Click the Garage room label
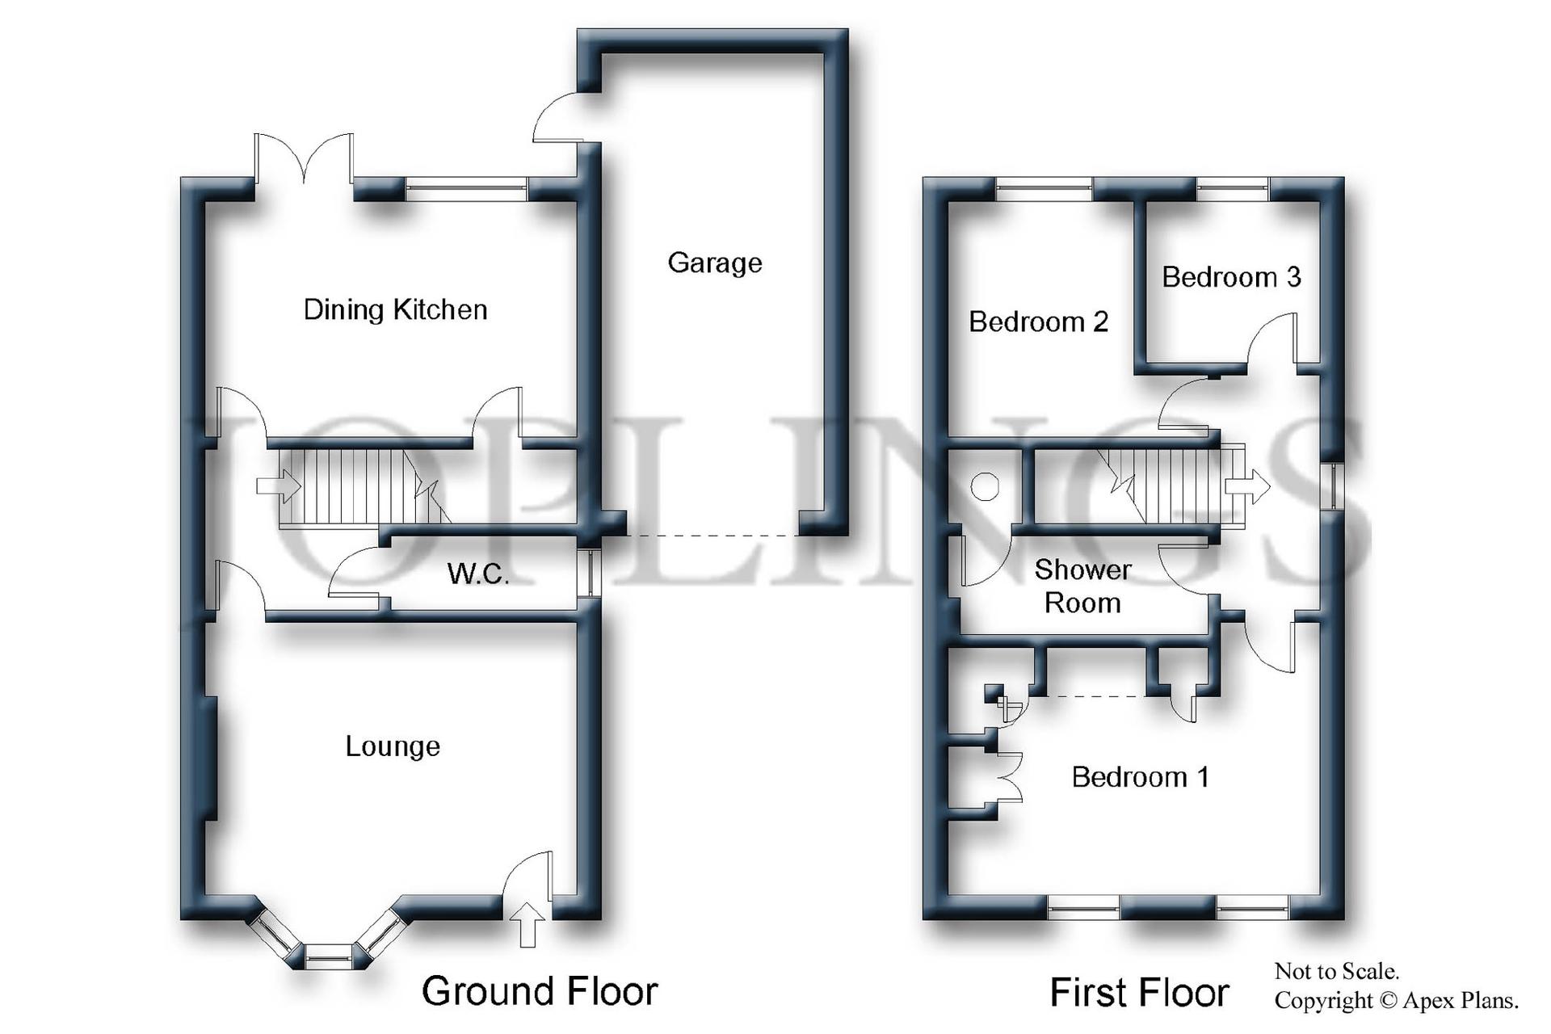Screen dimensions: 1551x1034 pos(714,263)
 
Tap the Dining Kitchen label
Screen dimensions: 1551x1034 pos(395,309)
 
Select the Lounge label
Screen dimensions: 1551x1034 pos(393,746)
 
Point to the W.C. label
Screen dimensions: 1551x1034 pos(477,574)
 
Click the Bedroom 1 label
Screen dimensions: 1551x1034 pos(1140,777)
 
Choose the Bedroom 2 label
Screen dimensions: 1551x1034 pos(1038,322)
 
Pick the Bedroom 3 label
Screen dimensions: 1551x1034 pos(1231,277)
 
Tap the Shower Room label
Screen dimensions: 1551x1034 pos(1082,586)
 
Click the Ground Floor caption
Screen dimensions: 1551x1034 pos(540,991)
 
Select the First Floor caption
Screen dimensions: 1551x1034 pos(1139,993)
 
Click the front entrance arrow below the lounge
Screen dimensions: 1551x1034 pos(528,925)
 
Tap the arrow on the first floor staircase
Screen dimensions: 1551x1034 pos(1247,486)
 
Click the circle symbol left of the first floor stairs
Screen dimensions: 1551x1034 pos(985,487)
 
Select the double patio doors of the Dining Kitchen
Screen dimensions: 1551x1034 pos(304,158)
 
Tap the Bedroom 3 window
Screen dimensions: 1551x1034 pos(1232,189)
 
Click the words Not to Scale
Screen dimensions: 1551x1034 pos(1336,971)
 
